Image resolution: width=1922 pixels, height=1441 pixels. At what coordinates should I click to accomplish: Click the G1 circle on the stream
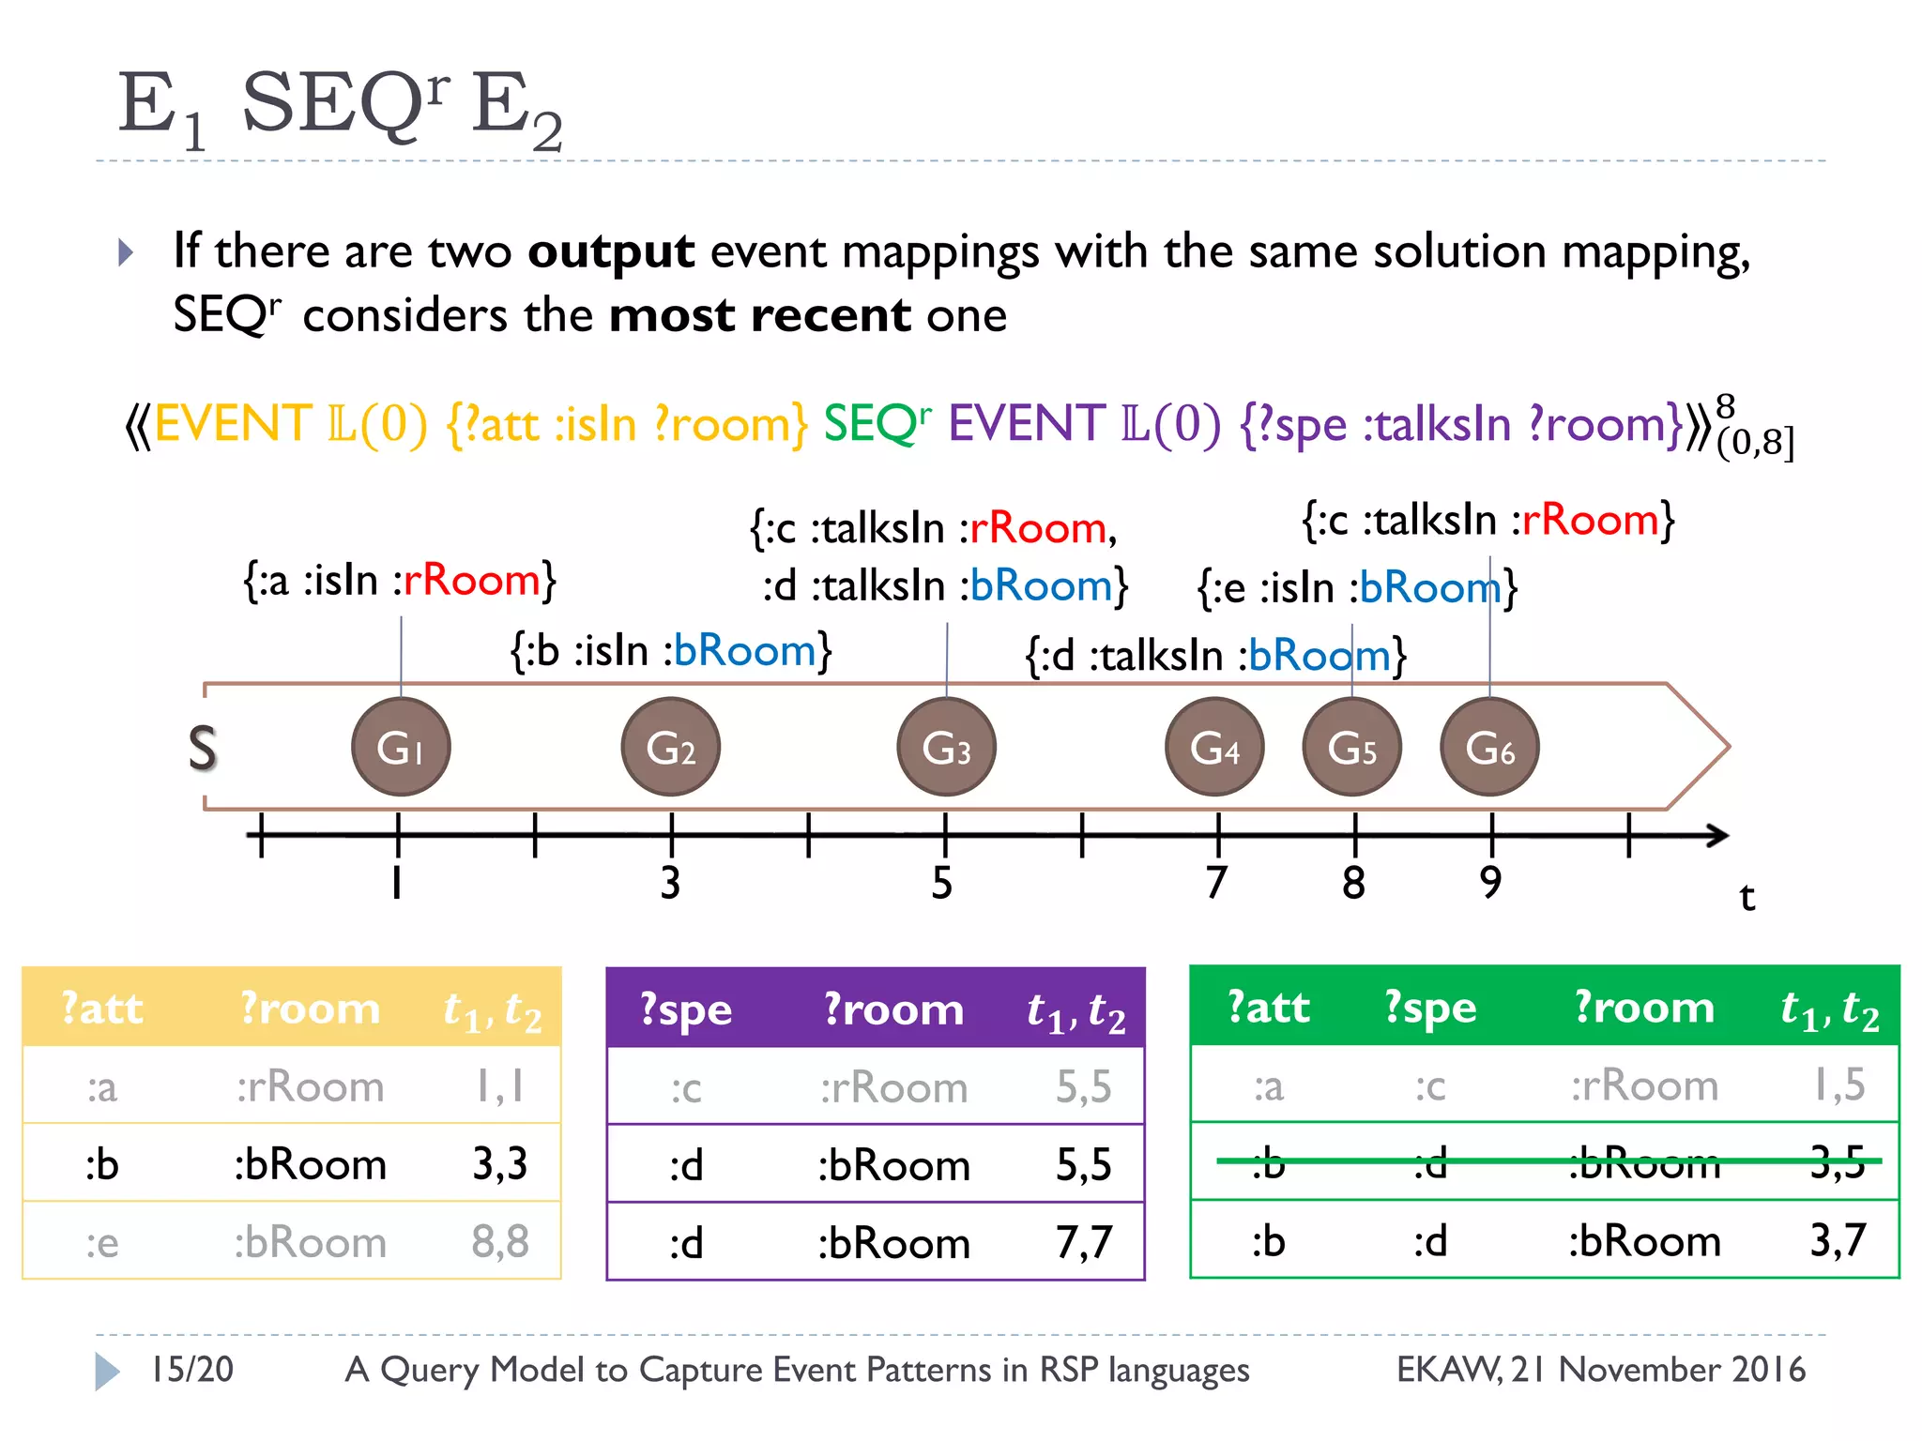(x=401, y=747)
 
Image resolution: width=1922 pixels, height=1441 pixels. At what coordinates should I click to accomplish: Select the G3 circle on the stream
(x=946, y=747)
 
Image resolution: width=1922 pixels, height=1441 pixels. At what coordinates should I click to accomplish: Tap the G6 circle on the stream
(x=1489, y=747)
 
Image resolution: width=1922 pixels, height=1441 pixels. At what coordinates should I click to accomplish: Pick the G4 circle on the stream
(x=1214, y=747)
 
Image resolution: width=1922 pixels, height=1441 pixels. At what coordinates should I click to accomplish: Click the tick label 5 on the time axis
(x=942, y=883)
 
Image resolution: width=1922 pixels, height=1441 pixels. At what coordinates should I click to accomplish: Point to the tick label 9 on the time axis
(x=1490, y=883)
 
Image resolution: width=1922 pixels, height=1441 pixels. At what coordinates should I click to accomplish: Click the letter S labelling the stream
(x=202, y=749)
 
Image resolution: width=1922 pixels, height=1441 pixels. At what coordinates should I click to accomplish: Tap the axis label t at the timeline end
(x=1747, y=897)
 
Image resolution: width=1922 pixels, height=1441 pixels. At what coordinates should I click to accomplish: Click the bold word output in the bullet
(x=611, y=251)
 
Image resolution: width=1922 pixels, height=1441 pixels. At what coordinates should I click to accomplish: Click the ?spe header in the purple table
(x=686, y=1009)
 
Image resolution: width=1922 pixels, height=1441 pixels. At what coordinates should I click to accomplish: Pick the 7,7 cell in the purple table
(x=1084, y=1243)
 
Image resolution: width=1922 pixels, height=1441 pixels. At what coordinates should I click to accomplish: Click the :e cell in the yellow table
(x=102, y=1243)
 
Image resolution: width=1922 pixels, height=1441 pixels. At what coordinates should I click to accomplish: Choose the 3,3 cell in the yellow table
(x=499, y=1164)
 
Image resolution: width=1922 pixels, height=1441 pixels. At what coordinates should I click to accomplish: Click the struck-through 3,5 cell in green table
(x=1838, y=1162)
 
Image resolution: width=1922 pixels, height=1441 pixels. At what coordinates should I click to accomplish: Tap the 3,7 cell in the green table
(x=1838, y=1241)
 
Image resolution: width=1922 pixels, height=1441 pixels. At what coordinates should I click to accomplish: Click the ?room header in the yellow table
(x=310, y=1009)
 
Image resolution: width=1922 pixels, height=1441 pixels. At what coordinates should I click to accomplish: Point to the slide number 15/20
(x=192, y=1370)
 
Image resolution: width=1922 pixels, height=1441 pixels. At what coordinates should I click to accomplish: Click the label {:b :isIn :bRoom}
(x=671, y=650)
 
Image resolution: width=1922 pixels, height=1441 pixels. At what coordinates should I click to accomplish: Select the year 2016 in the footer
(x=1768, y=1370)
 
